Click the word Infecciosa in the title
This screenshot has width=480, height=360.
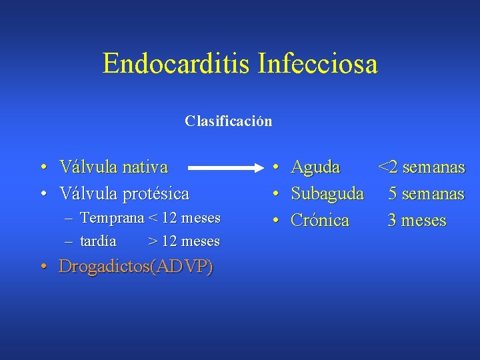pos(317,65)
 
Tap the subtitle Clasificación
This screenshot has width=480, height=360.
pos(229,121)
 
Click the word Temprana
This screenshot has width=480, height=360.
pos(112,218)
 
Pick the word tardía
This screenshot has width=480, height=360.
pos(98,241)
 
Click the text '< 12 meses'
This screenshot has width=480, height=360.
pos(185,218)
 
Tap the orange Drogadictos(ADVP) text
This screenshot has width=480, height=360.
pos(136,267)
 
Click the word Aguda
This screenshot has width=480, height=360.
pos(315,167)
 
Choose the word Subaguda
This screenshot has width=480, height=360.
pos(327,194)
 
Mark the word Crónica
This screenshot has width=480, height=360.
pos(320,221)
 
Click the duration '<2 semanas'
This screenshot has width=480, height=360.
pos(421,167)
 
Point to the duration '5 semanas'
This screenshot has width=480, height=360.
pos(426,194)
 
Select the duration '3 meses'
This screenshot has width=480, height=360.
pos(417,221)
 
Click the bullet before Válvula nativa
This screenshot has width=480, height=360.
pos(42,167)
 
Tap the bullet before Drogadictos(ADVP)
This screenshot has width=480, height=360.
pos(42,267)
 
